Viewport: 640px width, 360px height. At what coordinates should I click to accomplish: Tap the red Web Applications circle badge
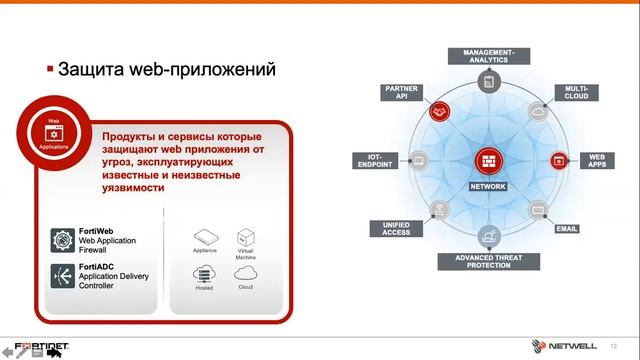tap(54, 130)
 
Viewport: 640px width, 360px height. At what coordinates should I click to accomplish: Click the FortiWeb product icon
tap(63, 240)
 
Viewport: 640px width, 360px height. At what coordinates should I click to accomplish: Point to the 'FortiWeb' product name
tap(97, 231)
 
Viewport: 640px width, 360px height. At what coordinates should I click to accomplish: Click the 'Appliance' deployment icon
tap(203, 237)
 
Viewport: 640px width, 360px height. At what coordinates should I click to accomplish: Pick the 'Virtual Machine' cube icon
tap(246, 238)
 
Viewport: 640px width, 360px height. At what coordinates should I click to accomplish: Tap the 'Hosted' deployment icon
tap(203, 273)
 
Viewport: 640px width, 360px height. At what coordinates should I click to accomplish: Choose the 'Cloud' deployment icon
tap(246, 273)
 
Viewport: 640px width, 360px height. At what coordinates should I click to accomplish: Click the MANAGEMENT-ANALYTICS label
tap(488, 56)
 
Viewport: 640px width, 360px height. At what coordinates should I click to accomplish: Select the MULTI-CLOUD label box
tap(577, 93)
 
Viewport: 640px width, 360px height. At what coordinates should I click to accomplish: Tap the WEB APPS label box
tap(597, 158)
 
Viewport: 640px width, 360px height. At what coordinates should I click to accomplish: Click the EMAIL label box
tap(567, 228)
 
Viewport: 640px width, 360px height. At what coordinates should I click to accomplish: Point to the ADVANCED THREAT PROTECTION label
tap(488, 261)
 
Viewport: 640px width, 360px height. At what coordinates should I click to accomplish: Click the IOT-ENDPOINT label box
tap(376, 158)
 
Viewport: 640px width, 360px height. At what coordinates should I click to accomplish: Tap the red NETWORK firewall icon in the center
tap(488, 160)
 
